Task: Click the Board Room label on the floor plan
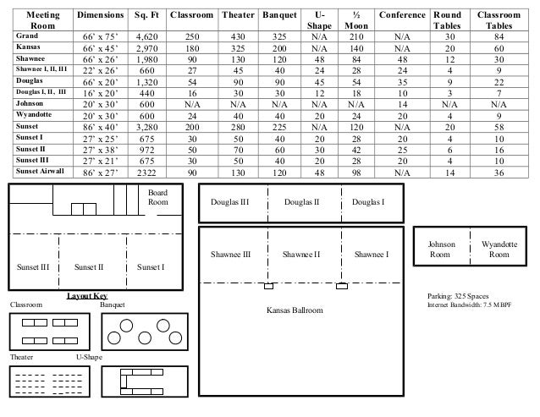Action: [158, 199]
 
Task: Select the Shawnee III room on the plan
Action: [230, 254]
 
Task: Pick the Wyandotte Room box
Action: [499, 249]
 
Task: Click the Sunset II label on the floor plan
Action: [89, 267]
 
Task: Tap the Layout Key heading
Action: [86, 295]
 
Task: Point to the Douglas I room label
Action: [368, 202]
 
